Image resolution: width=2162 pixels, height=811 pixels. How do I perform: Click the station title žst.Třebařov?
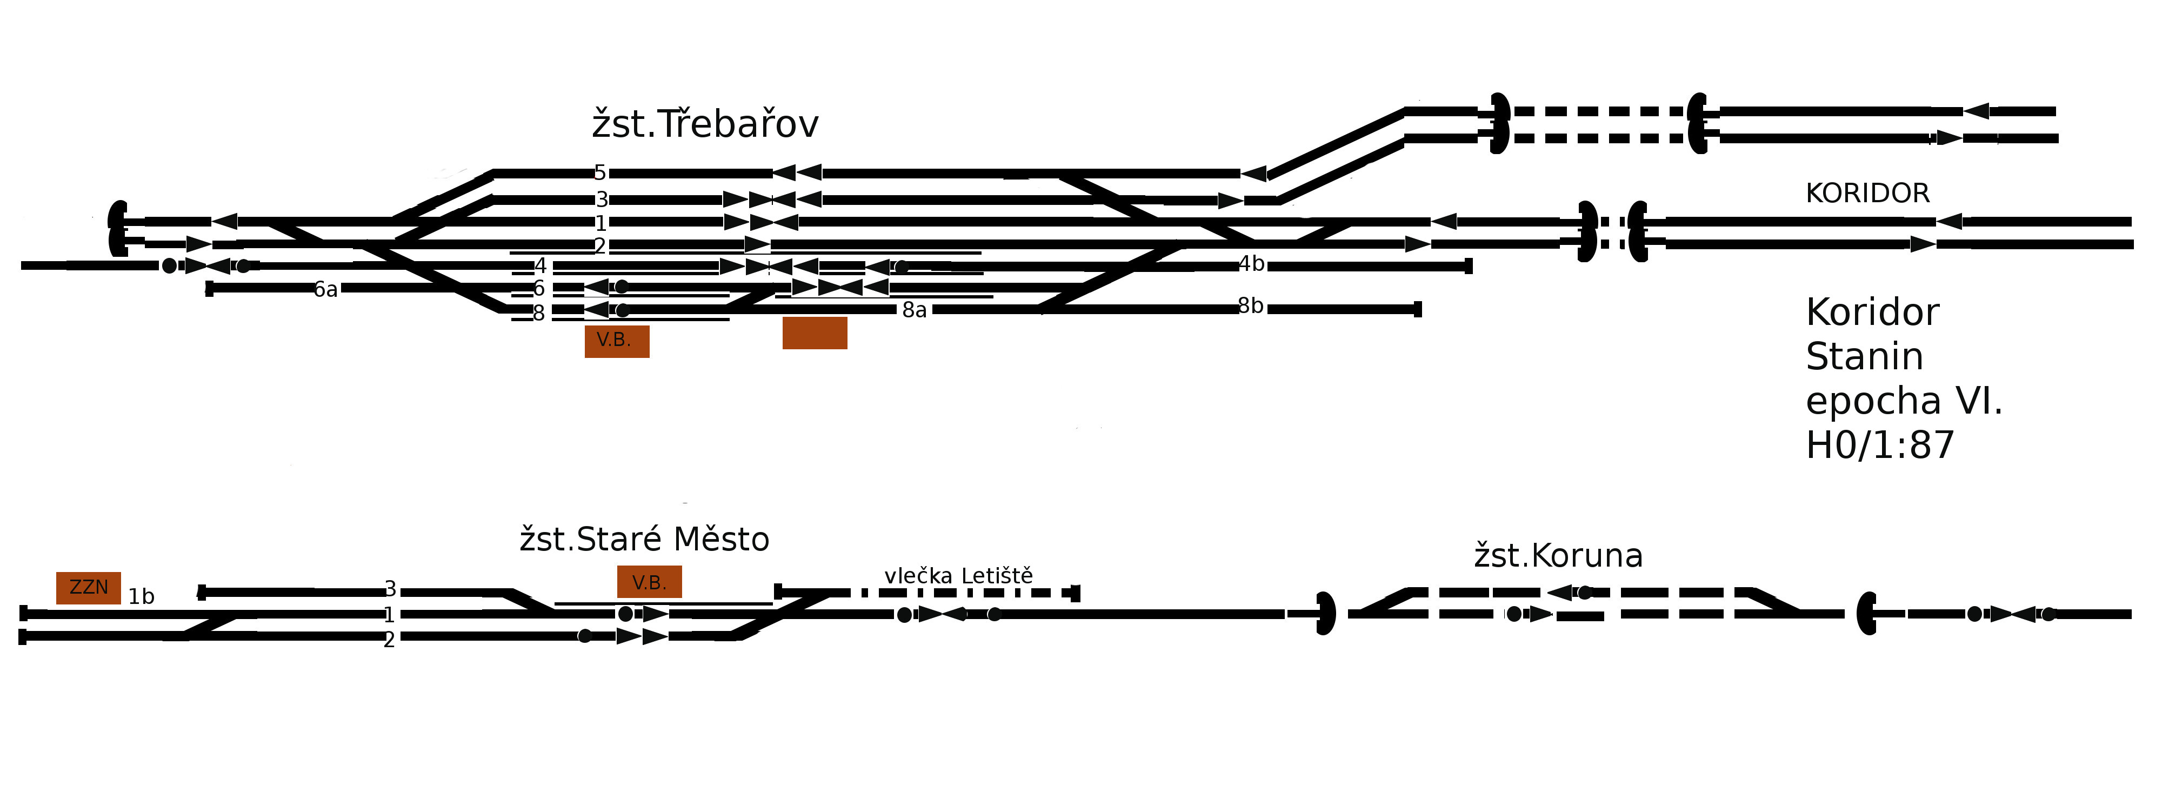(704, 125)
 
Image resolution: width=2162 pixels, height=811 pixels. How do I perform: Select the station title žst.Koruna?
(1558, 556)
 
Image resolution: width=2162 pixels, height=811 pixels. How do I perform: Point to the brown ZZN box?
(88, 588)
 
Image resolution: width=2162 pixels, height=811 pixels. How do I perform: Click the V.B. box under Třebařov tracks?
(617, 341)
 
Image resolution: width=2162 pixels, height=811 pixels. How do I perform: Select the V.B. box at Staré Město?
(649, 582)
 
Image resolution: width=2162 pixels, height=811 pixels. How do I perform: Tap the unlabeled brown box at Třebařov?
(814, 333)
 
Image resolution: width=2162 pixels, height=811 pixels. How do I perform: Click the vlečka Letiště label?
(958, 576)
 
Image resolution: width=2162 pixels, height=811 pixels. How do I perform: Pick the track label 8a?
(914, 311)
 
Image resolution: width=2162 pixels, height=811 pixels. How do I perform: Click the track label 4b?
(1251, 264)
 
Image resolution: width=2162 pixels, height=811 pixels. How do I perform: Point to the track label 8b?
(1251, 307)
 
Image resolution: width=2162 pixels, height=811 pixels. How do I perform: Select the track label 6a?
(325, 290)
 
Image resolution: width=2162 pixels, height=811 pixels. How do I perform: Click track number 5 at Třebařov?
(599, 173)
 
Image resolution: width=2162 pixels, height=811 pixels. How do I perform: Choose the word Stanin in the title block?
(1864, 357)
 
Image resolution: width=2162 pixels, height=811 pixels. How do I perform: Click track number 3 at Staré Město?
(390, 589)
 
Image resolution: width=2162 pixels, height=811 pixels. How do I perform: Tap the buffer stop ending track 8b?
(1418, 309)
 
